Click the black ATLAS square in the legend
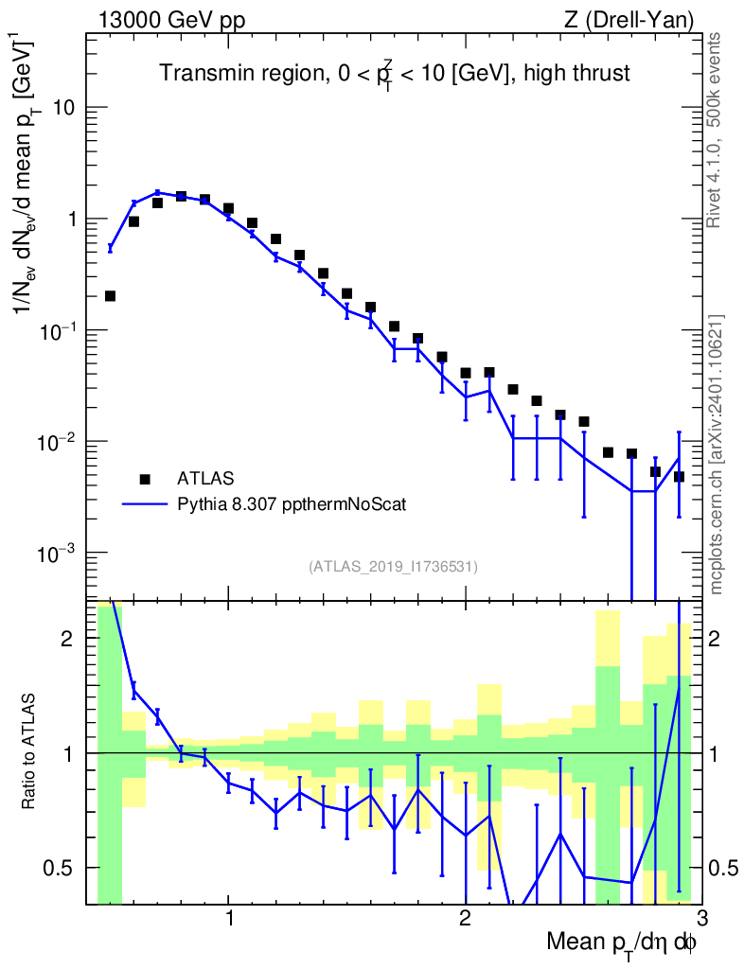point(145,478)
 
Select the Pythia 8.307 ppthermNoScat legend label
point(292,505)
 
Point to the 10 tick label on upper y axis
point(62,107)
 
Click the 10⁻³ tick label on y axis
point(56,553)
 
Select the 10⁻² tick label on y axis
point(56,441)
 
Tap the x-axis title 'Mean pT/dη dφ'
point(621,944)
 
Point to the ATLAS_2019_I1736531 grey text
point(393,567)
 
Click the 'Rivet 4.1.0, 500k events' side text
point(716,130)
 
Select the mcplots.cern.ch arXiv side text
point(716,454)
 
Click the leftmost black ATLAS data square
point(110,296)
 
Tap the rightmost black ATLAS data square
point(679,476)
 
